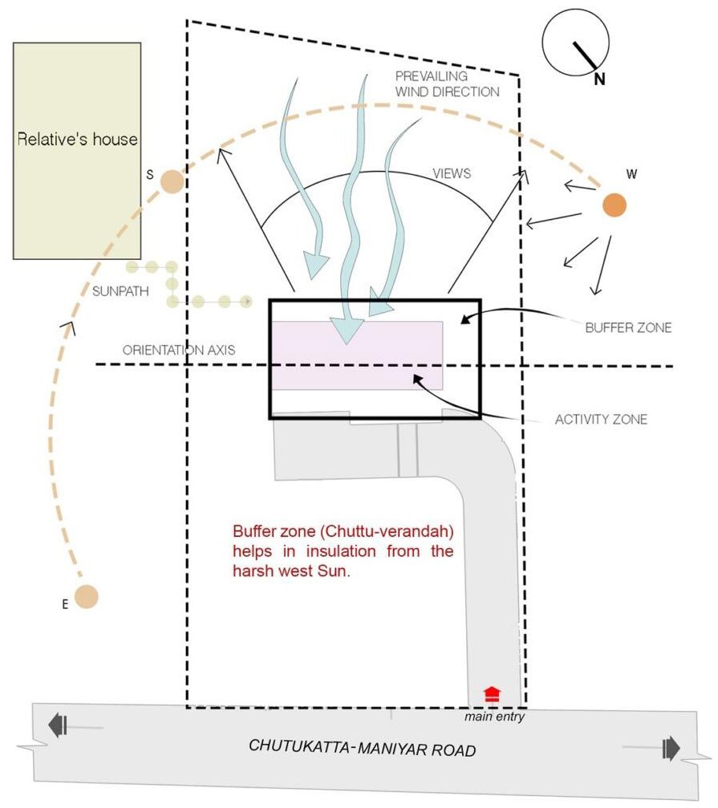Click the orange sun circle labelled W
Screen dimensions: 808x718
tap(615, 205)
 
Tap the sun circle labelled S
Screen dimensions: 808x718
tap(171, 182)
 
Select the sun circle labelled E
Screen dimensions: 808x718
tap(87, 597)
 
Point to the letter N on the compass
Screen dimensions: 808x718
tap(599, 78)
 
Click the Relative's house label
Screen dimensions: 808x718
tap(77, 140)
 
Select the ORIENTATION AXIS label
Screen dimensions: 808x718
tap(179, 351)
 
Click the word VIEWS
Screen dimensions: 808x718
tap(452, 173)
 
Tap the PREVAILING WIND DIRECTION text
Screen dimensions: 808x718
tap(447, 83)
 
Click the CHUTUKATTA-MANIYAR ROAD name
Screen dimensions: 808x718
tap(363, 749)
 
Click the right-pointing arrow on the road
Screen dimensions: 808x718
tap(670, 749)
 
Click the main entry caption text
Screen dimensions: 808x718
tap(494, 717)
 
